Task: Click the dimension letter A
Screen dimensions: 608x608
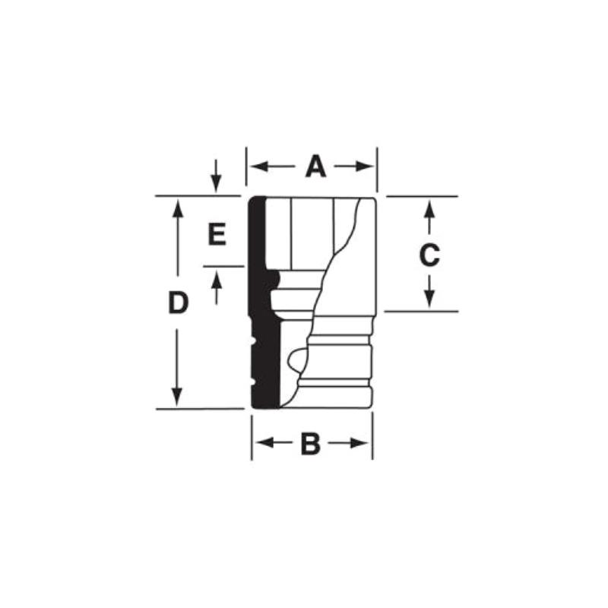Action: [x=315, y=166]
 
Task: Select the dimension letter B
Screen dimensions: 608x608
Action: [x=310, y=444]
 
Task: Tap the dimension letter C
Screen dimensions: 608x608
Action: [x=429, y=255]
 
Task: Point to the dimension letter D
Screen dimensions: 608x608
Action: [x=177, y=303]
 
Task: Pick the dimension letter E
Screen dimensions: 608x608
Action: [x=217, y=235]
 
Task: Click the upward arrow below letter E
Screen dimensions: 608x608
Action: [x=216, y=280]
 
